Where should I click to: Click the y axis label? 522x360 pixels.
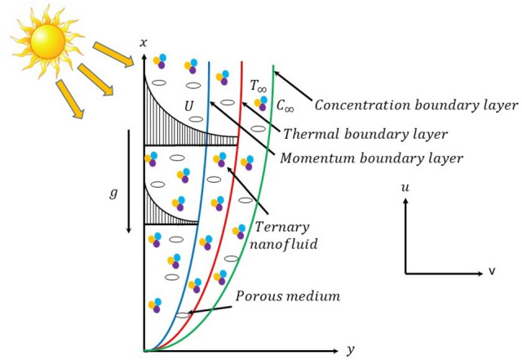350,349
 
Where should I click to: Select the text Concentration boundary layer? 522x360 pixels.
416,105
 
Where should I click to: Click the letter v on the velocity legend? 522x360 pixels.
492,271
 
